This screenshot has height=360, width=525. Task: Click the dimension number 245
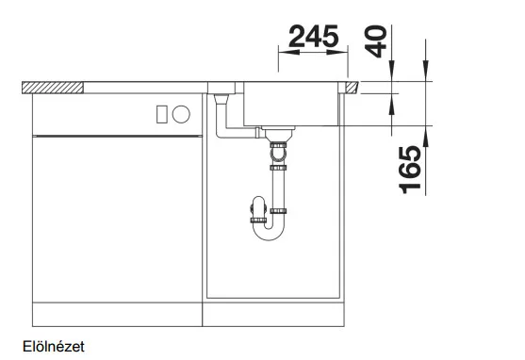313,36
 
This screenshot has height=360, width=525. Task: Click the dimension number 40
376,41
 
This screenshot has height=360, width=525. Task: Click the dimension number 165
410,170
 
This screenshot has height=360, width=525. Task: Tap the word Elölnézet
54,347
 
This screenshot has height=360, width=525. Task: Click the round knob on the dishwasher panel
181,114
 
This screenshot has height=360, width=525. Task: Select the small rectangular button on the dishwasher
162,114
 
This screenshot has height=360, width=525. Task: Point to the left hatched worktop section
53,88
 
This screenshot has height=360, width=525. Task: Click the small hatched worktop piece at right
352,87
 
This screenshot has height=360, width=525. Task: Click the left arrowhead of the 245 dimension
288,52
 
